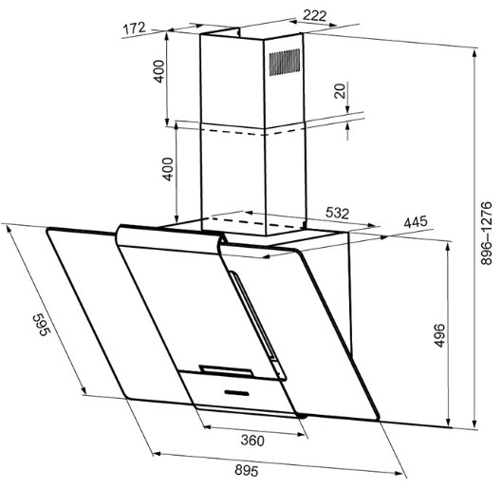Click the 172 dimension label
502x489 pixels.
(x=135, y=28)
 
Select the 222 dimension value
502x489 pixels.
(x=314, y=15)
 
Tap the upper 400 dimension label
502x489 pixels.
(x=159, y=71)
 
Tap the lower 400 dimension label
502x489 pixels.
(x=168, y=169)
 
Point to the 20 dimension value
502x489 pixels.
(x=340, y=90)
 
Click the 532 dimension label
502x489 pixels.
(x=337, y=213)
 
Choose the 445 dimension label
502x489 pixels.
(x=416, y=221)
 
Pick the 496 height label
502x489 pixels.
(x=439, y=335)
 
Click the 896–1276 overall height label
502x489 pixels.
(x=486, y=233)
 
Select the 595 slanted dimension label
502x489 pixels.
(x=42, y=325)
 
